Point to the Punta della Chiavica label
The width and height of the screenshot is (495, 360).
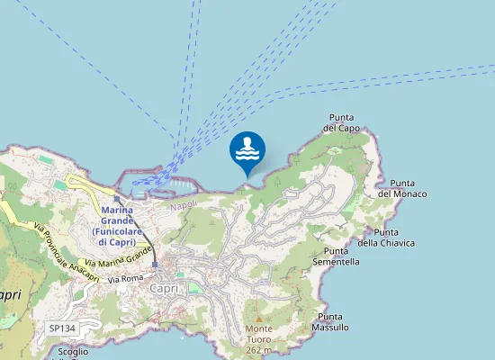386,237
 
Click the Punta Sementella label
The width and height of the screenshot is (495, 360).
336,256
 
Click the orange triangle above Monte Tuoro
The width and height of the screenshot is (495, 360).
259,319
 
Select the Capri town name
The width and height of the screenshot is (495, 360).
167,289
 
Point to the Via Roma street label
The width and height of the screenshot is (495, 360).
126,280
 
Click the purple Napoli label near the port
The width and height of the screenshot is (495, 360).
184,205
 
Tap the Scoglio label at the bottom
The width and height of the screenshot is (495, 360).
72,352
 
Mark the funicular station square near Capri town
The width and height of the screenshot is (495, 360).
155,265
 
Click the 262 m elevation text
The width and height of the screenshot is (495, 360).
259,350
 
